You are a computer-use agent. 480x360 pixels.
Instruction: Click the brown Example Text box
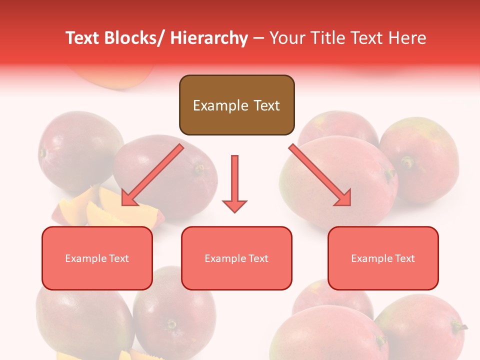pos(236,105)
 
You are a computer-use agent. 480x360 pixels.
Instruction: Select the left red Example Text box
pos(97,258)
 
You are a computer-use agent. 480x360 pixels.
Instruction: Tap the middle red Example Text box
pos(236,258)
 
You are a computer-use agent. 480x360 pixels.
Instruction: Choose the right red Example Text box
pos(383,258)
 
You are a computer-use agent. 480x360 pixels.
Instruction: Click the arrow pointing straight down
pos(234,182)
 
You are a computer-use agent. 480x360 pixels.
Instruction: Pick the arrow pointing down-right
pos(320,175)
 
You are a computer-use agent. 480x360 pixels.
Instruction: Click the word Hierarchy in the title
pos(209,38)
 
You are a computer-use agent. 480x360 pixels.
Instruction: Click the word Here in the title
pos(407,38)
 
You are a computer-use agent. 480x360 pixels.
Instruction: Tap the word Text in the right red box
pos(404,258)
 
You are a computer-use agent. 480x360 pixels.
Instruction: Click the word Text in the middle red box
pos(257,258)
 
